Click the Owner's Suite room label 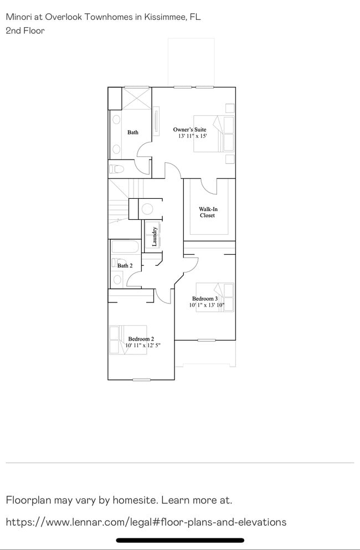tap(189, 130)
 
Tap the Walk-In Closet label tap(208, 212)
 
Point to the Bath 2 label tap(125, 266)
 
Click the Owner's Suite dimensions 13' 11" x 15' tap(192, 136)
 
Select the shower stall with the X tap(136, 98)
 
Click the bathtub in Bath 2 tap(126, 248)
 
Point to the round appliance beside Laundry tap(148, 209)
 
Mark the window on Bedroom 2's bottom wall tap(141, 379)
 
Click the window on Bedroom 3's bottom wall tap(206, 340)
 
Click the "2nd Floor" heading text tap(25, 30)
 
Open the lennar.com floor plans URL tap(146, 522)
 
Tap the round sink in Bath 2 tap(117, 279)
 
